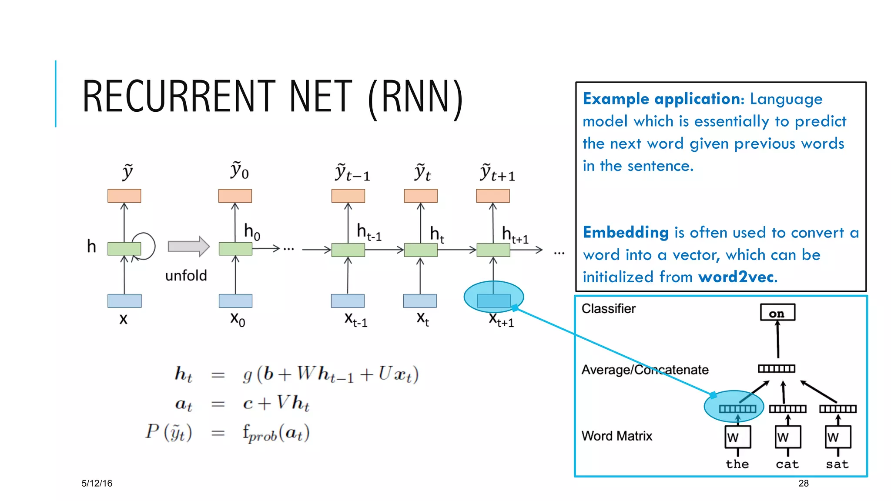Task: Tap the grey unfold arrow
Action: pyautogui.click(x=188, y=247)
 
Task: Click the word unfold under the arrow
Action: pyautogui.click(x=186, y=276)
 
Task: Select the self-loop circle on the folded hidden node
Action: pyautogui.click(x=144, y=246)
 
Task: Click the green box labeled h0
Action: pyautogui.click(x=235, y=249)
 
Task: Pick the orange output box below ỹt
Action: pyautogui.click(x=420, y=196)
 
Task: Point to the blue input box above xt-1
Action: pyautogui.click(x=348, y=301)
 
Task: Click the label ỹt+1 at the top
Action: pyautogui.click(x=497, y=173)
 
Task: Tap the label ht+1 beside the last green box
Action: pyautogui.click(x=515, y=235)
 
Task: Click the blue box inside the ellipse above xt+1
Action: pyautogui.click(x=493, y=300)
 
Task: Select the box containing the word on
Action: pyautogui.click(x=777, y=312)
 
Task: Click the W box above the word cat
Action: pyautogui.click(x=788, y=437)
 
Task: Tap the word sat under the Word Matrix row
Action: pyautogui.click(x=837, y=464)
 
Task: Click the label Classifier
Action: pyautogui.click(x=608, y=308)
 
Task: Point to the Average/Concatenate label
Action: pyautogui.click(x=645, y=370)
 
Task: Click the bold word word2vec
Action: pyautogui.click(x=737, y=277)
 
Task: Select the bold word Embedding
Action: pyautogui.click(x=626, y=232)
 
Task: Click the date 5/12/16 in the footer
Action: pyautogui.click(x=97, y=483)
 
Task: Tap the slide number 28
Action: pyautogui.click(x=803, y=483)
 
